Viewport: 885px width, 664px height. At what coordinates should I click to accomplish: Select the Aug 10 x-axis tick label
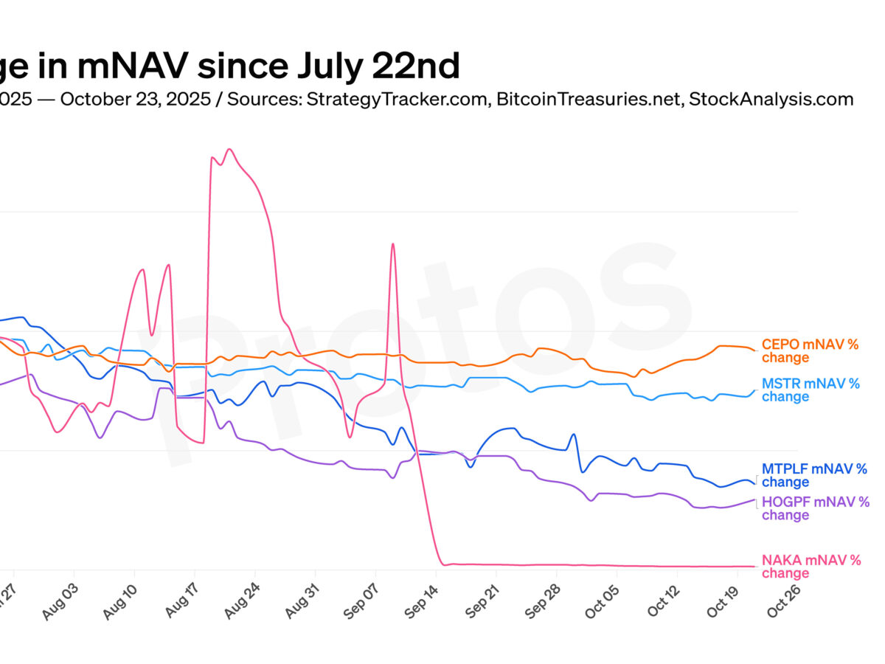click(121, 602)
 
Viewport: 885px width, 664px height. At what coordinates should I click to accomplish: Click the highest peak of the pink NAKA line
click(229, 150)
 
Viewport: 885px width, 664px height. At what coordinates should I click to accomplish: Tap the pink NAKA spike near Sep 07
click(392, 244)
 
